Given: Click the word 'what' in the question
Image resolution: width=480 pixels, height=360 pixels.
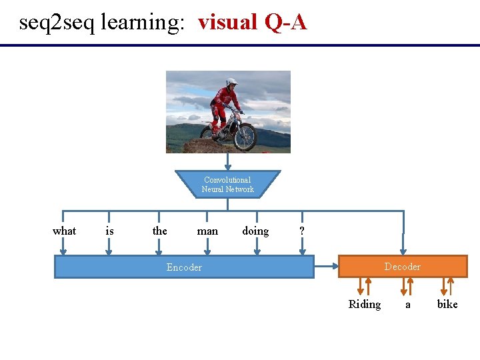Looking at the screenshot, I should click(64, 231).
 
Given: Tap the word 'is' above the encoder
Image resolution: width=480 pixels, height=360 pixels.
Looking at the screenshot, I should click(109, 231).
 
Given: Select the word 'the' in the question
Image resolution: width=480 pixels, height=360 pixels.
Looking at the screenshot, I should click(159, 231).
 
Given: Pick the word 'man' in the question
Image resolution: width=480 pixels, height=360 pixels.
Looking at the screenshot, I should click(207, 231).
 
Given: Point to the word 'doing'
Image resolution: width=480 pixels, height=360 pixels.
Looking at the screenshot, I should click(255, 231).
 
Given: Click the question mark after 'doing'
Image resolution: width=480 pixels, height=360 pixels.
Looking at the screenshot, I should click(302, 231).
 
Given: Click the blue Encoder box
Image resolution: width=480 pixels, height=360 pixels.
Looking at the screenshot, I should click(184, 267).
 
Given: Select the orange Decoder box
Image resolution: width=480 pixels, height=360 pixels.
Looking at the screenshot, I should click(403, 267).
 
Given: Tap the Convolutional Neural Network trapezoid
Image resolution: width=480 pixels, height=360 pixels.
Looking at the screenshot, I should click(227, 185).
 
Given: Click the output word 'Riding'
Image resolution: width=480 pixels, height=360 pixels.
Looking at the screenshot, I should click(365, 304).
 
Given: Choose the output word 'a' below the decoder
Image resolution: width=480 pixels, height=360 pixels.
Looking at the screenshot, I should click(408, 304).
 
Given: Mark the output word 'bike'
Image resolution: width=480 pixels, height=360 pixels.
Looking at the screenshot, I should click(447, 304).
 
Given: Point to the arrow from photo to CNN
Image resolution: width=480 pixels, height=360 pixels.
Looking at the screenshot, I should click(228, 162).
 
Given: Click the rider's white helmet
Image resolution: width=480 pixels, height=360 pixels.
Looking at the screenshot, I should click(231, 83).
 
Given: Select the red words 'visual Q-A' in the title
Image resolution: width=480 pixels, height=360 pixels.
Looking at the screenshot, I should click(252, 22).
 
